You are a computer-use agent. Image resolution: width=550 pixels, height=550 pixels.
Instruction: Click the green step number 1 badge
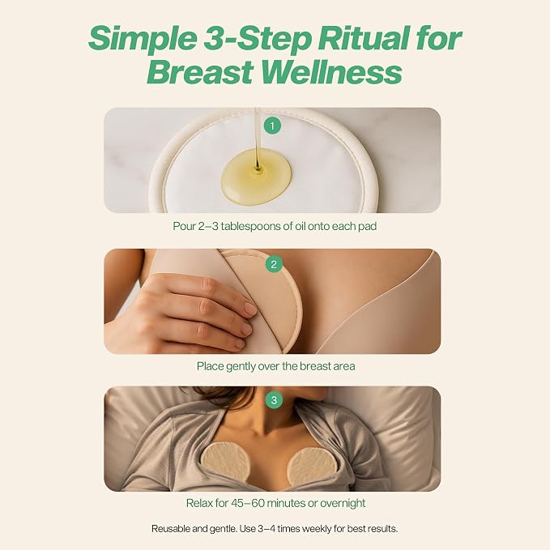[x=272, y=126]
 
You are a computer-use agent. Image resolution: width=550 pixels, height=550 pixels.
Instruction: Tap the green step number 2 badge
[x=274, y=264]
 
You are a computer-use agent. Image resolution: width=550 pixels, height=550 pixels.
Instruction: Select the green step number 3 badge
[x=274, y=400]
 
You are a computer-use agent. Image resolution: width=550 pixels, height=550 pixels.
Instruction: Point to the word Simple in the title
[x=142, y=39]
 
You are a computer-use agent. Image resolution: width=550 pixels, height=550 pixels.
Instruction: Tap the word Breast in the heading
[x=200, y=72]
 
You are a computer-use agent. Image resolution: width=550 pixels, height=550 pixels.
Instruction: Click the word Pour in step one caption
[x=184, y=226]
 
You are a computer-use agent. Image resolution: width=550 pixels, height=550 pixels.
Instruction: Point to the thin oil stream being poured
[x=257, y=139]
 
